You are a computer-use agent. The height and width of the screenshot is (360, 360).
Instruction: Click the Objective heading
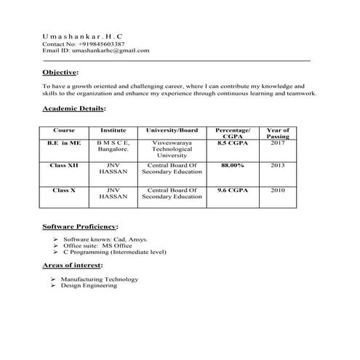(x=60, y=73)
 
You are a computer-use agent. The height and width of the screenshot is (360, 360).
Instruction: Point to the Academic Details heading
(x=74, y=108)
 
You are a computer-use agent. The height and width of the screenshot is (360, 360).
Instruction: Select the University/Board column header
(x=172, y=130)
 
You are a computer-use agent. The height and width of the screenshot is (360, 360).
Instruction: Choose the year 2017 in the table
(x=277, y=143)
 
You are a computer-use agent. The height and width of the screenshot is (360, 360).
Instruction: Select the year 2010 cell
(x=277, y=190)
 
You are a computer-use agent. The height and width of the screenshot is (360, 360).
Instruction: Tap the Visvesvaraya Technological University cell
(x=172, y=149)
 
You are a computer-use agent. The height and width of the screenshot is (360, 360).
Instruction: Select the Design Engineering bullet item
(x=89, y=286)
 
